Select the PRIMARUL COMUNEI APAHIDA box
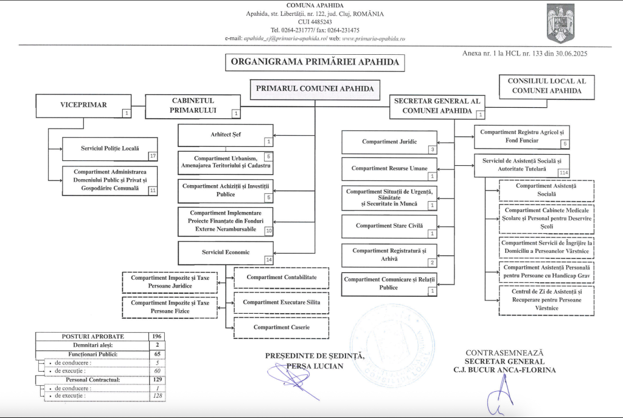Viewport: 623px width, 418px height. click(315, 89)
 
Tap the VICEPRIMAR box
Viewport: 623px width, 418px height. click(83, 105)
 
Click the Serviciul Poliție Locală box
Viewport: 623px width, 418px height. click(110, 149)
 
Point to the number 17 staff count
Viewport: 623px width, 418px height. click(153, 156)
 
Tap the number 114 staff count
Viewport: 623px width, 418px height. click(564, 172)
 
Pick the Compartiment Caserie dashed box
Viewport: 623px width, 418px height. click(281, 327)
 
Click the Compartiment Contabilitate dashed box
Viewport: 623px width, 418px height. click(281, 277)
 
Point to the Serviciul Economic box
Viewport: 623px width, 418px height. click(225, 252)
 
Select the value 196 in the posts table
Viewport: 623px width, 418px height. click(156, 336)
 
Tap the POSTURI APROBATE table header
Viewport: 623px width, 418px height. click(92, 336)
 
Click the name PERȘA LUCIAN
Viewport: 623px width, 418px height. click(315, 366)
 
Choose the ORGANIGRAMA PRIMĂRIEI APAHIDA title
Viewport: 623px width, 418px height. click(315, 62)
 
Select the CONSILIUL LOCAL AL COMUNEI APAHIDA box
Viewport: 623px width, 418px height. click(546, 86)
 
